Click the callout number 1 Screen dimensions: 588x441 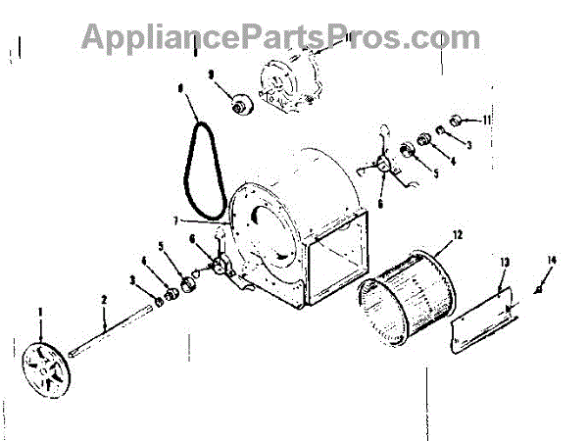click(x=40, y=313)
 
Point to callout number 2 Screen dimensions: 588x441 click(x=103, y=298)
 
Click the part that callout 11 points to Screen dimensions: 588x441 click(x=455, y=121)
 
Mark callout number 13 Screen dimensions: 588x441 click(x=505, y=263)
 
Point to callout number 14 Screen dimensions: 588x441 click(x=551, y=259)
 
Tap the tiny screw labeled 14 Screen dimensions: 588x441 click(x=538, y=292)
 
